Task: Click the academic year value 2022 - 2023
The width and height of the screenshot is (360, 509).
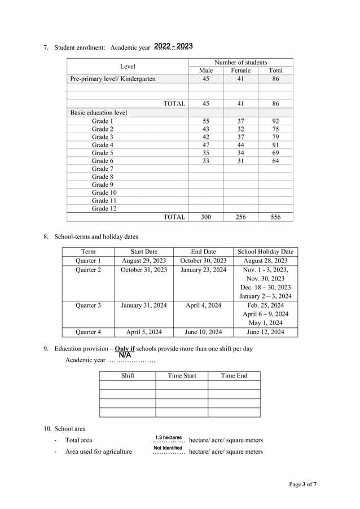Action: coord(173,46)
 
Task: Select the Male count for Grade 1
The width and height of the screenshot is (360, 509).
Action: coord(205,121)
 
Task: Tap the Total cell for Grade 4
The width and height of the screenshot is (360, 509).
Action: coord(275,144)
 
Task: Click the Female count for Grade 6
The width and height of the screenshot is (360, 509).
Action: coord(240,161)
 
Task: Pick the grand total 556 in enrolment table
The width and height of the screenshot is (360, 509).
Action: coord(275,217)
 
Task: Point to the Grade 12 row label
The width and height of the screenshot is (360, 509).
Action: coord(104,208)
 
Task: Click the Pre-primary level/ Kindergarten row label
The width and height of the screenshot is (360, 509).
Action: coord(112,79)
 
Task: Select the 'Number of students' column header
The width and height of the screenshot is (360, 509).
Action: coord(240,62)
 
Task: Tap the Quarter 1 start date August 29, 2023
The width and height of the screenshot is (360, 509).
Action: coord(144,261)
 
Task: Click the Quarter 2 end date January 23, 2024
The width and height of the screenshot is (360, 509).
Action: coord(203,270)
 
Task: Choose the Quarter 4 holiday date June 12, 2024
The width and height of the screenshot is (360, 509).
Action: coord(265,332)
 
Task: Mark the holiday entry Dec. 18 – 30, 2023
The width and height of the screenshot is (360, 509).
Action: coord(265,287)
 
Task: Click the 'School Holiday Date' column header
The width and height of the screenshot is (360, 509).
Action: coord(265,252)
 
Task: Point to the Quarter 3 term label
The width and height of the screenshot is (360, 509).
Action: coord(88,305)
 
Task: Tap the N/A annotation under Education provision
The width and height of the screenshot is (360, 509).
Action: coord(125,355)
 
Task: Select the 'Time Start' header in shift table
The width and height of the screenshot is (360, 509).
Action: coord(182,375)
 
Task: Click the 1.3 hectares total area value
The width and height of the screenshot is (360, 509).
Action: coord(168,437)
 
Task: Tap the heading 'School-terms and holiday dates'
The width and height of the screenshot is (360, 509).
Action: coord(95,236)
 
